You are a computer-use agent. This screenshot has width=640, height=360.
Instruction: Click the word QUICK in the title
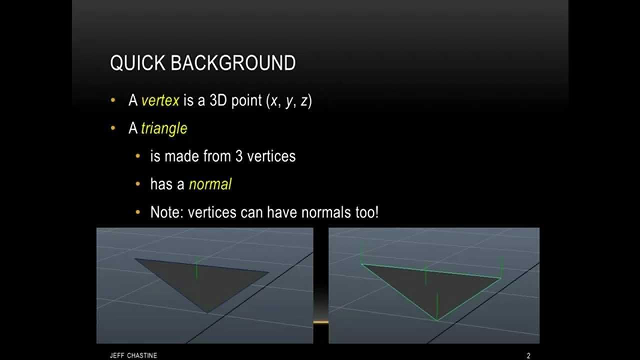pos(138,63)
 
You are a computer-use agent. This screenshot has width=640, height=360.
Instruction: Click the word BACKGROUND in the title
pos(233,63)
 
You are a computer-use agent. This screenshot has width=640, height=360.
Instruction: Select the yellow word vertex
pos(160,100)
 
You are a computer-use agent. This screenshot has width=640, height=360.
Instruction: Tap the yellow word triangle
pos(164,128)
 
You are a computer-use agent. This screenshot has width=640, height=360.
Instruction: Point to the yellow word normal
pos(210,184)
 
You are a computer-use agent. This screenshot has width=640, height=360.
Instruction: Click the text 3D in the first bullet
pos(218,100)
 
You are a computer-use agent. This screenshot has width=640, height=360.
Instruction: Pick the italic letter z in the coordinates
pos(305,101)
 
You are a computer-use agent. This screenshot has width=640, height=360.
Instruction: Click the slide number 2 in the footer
pos(528,355)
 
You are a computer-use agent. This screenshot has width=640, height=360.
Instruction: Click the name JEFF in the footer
pos(116,355)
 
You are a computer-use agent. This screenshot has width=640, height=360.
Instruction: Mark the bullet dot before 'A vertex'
pos(113,100)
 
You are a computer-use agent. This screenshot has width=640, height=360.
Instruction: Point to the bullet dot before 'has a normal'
pos(138,184)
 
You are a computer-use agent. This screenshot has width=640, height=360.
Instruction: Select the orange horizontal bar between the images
pos(321,322)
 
